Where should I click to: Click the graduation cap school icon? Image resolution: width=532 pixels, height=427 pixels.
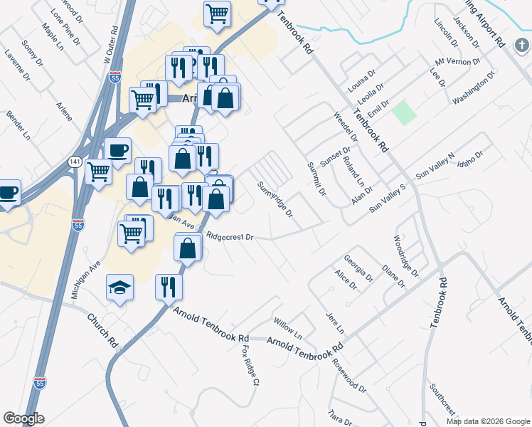click(x=119, y=288)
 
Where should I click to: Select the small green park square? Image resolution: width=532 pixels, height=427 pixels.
click(x=404, y=112)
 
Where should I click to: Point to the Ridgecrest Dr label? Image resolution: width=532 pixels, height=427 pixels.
click(x=229, y=236)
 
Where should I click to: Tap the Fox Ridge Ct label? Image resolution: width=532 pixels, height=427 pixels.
click(x=249, y=365)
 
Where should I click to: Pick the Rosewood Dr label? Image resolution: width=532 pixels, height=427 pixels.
click(x=349, y=375)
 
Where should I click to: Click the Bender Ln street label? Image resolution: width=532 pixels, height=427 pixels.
click(x=18, y=124)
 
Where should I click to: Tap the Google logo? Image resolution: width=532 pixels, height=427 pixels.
click(x=24, y=418)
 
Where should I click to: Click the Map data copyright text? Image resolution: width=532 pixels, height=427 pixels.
click(x=488, y=421)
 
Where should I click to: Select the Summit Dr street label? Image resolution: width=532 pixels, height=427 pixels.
click(x=316, y=179)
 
